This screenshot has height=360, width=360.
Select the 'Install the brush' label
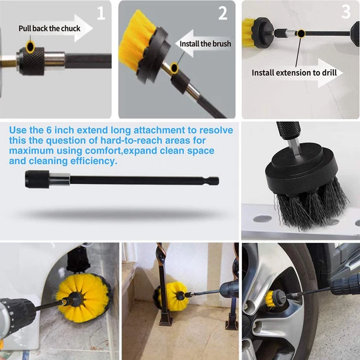point(205,44)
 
